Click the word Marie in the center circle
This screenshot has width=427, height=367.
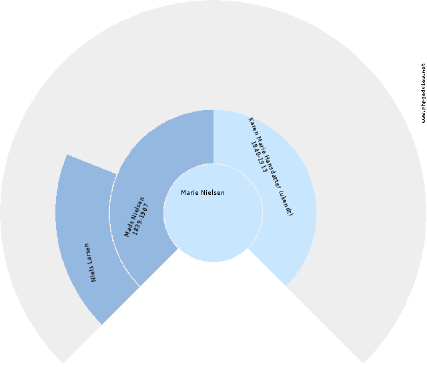click(x=189, y=193)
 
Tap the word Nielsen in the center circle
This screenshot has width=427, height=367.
click(x=213, y=193)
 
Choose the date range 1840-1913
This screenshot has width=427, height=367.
click(x=260, y=157)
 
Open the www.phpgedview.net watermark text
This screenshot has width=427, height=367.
click(x=423, y=93)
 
